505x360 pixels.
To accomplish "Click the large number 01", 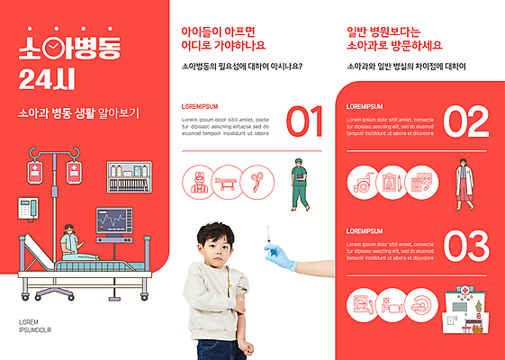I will pyautogui.click(x=304, y=121).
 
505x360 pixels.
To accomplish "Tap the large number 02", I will pyautogui.click(x=465, y=121).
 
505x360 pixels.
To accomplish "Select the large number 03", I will pyautogui.click(x=465, y=246).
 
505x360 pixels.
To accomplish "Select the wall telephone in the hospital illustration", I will pyautogui.click(x=31, y=206).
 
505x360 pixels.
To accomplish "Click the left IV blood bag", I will pyautogui.click(x=34, y=171).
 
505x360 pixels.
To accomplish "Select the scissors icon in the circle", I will pyautogui.click(x=257, y=182).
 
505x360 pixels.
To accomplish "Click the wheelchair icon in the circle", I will pyautogui.click(x=363, y=183).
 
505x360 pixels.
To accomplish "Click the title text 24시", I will pyautogui.click(x=43, y=81).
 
